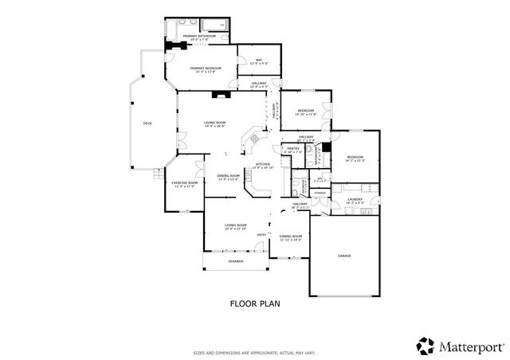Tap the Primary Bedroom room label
(x=206, y=69)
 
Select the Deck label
(x=147, y=123)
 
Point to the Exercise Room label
(x=184, y=183)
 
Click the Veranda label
(x=235, y=260)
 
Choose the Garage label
(x=344, y=256)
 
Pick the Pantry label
(x=293, y=148)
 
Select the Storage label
(x=320, y=193)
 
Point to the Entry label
(x=261, y=234)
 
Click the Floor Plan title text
(x=255, y=303)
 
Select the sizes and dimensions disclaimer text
(x=255, y=352)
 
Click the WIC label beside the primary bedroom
(x=259, y=61)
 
